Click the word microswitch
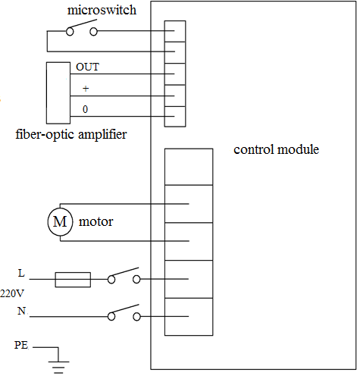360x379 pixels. [102, 10]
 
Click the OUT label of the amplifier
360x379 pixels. [87, 67]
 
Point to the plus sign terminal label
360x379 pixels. [86, 89]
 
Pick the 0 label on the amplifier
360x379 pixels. [85, 109]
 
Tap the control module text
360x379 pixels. [276, 149]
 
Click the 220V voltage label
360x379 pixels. [12, 293]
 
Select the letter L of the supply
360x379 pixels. [21, 273]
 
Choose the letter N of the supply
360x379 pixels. [22, 311]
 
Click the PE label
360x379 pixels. [21, 345]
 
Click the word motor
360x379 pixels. [96, 222]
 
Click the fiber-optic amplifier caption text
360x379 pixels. [71, 134]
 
